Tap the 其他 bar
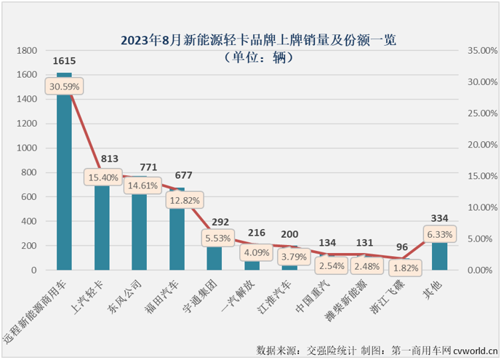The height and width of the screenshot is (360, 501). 440,255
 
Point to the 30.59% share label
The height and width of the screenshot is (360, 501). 65,86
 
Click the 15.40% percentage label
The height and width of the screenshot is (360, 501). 103,177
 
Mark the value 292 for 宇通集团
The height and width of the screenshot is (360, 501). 216,222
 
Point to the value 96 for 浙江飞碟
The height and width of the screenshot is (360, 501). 402,247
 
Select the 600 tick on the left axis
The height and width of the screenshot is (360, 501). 31,197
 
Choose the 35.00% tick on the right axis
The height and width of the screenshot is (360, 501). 479,51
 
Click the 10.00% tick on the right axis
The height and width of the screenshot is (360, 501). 479,207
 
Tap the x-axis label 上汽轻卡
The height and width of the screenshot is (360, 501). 94,299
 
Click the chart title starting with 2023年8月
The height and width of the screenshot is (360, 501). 252,40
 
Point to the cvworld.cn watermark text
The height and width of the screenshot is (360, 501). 474,351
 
